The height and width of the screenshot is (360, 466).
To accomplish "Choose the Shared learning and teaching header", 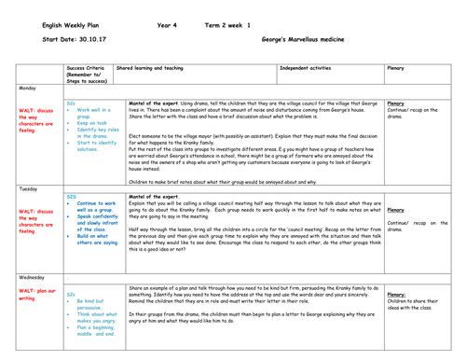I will point(150,68).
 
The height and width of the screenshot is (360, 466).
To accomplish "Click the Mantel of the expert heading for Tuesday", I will point(153,197).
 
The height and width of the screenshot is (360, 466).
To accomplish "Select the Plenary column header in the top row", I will point(396,68).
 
